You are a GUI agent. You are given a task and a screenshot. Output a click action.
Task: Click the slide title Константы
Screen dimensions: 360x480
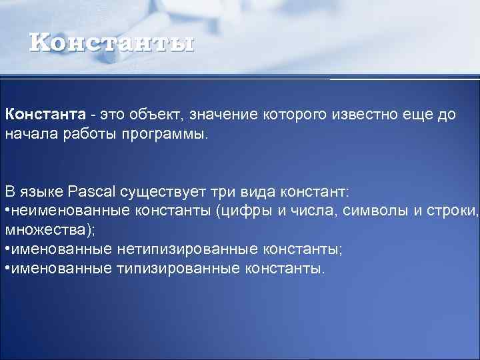tap(112, 43)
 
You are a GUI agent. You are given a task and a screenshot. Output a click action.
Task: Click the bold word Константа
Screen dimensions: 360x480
tap(45, 114)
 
